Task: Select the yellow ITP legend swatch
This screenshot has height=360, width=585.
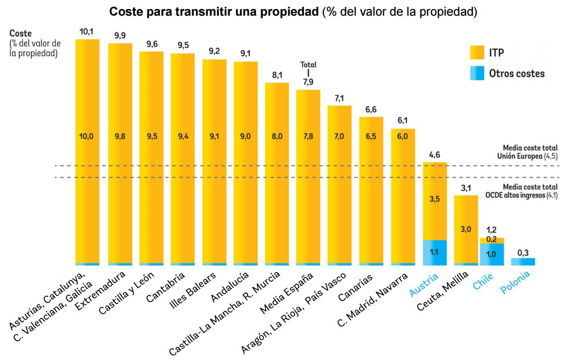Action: [x=477, y=52]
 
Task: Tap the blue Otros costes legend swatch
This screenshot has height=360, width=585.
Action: [x=477, y=73]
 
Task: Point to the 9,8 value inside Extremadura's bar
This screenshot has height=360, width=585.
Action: [x=120, y=137]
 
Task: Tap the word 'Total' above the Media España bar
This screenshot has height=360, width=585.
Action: [x=308, y=65]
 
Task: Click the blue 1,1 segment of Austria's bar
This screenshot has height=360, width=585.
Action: [x=435, y=252]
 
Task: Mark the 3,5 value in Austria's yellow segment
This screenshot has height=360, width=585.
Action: [x=435, y=199]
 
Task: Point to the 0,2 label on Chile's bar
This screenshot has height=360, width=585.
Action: [x=492, y=239]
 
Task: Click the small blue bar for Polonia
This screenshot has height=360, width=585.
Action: [x=523, y=262]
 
